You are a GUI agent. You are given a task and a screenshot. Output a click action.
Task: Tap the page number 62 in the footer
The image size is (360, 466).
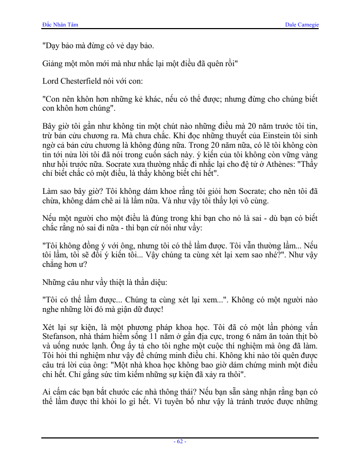pyautogui.click(x=180, y=441)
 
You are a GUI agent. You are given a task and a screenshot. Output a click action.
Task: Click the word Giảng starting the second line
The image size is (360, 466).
pyautogui.click(x=53, y=64)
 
